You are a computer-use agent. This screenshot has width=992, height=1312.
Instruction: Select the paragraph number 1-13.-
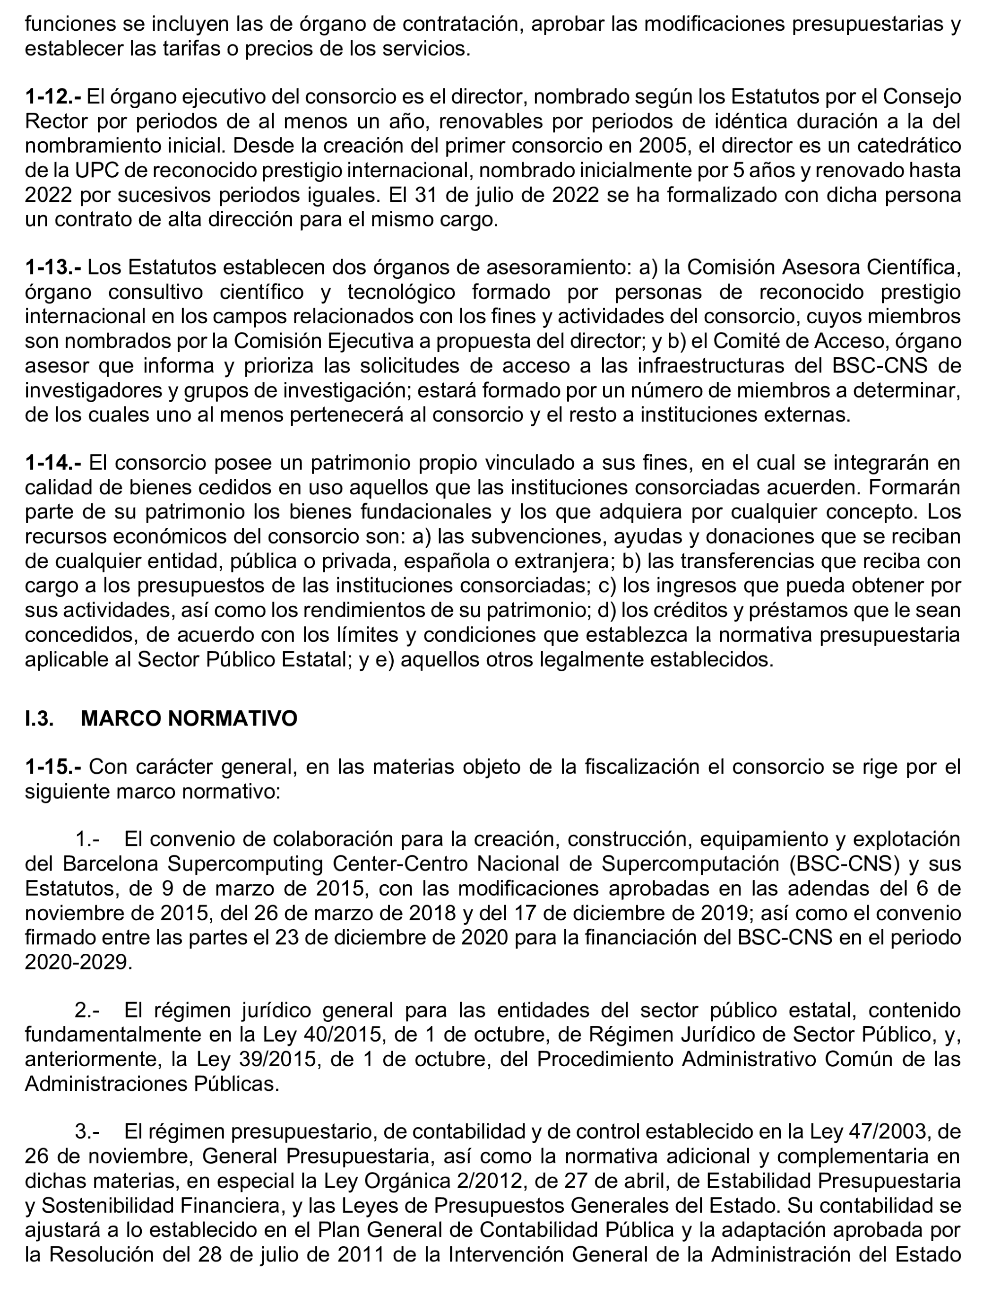tap(53, 268)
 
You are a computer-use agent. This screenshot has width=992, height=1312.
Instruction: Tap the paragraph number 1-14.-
tap(53, 463)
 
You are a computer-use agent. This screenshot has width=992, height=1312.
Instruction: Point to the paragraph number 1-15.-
tap(53, 767)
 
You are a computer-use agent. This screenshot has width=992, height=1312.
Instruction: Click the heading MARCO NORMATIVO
tap(189, 718)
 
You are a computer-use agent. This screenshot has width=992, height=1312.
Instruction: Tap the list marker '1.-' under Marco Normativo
tap(87, 840)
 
